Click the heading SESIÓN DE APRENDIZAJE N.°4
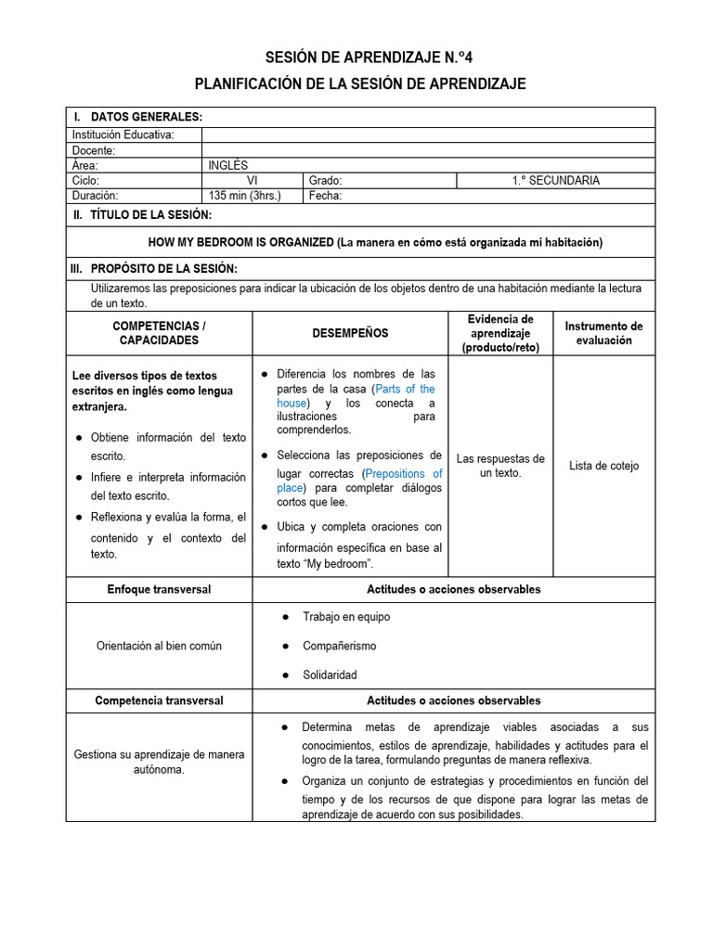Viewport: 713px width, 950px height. point(360,58)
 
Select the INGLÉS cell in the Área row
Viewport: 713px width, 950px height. point(228,165)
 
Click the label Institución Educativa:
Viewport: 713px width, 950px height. point(123,135)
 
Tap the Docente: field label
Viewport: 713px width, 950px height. point(94,150)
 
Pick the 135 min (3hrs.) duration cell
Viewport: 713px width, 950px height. point(244,196)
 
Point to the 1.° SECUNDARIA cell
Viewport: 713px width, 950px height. point(555,181)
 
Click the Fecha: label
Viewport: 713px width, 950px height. point(326,196)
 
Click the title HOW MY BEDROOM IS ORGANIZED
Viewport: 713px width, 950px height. point(241,242)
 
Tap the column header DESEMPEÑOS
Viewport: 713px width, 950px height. point(350,333)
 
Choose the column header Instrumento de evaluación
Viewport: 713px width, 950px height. point(603,333)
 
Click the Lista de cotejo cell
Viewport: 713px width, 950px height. point(603,466)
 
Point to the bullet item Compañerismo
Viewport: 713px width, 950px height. point(339,646)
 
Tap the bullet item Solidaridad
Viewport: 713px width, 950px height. point(330,674)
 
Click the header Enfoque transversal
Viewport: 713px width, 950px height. point(159,589)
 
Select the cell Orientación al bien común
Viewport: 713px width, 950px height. point(159,646)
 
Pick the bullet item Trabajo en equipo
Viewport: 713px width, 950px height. point(346,617)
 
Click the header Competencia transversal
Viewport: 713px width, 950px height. point(159,700)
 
